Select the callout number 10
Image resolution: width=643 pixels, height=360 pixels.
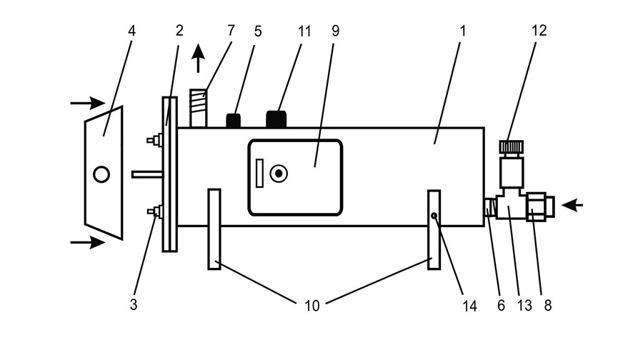(x=311, y=306)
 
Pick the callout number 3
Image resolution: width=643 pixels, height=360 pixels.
(x=134, y=306)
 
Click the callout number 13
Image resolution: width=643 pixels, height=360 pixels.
(x=524, y=306)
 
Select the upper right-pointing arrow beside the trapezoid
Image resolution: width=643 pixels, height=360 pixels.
(x=86, y=104)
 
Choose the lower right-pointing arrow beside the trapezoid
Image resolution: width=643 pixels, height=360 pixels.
(x=86, y=243)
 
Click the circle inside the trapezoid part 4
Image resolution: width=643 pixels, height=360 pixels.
(x=101, y=174)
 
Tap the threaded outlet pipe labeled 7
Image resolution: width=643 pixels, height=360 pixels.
(x=199, y=107)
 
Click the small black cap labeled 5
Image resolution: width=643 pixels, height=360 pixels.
(x=233, y=121)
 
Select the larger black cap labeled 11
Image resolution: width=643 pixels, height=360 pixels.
(x=276, y=119)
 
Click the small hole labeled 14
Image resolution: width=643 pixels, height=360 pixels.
(x=434, y=215)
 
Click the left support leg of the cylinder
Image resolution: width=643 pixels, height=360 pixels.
(x=214, y=229)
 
